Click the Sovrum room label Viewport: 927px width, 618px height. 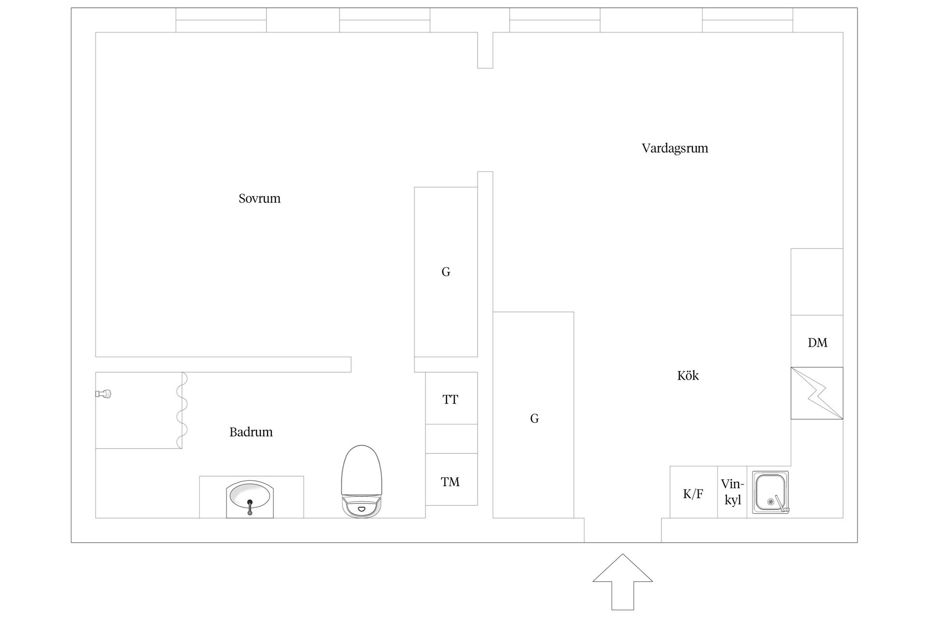pos(259,198)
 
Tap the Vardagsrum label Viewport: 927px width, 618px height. pos(674,148)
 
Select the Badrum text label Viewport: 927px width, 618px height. pos(251,432)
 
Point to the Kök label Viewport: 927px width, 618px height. pos(688,376)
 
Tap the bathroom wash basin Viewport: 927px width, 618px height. pos(250,499)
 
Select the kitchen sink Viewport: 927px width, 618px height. pos(772,492)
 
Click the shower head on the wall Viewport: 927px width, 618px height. pos(103,394)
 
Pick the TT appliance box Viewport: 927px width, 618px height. pos(451,398)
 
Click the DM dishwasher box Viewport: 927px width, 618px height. pos(817,341)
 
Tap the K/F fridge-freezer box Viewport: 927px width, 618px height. pos(693,492)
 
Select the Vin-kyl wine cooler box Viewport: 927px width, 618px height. pos(732,492)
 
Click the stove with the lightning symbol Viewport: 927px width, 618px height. pos(817,393)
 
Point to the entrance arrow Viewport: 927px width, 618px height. pos(623,581)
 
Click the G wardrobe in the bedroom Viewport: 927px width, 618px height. pos(446,272)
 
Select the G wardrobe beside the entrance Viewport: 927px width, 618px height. pos(534,415)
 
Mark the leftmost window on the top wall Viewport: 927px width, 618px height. pos(221,20)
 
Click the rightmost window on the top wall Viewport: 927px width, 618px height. pos(747,20)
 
